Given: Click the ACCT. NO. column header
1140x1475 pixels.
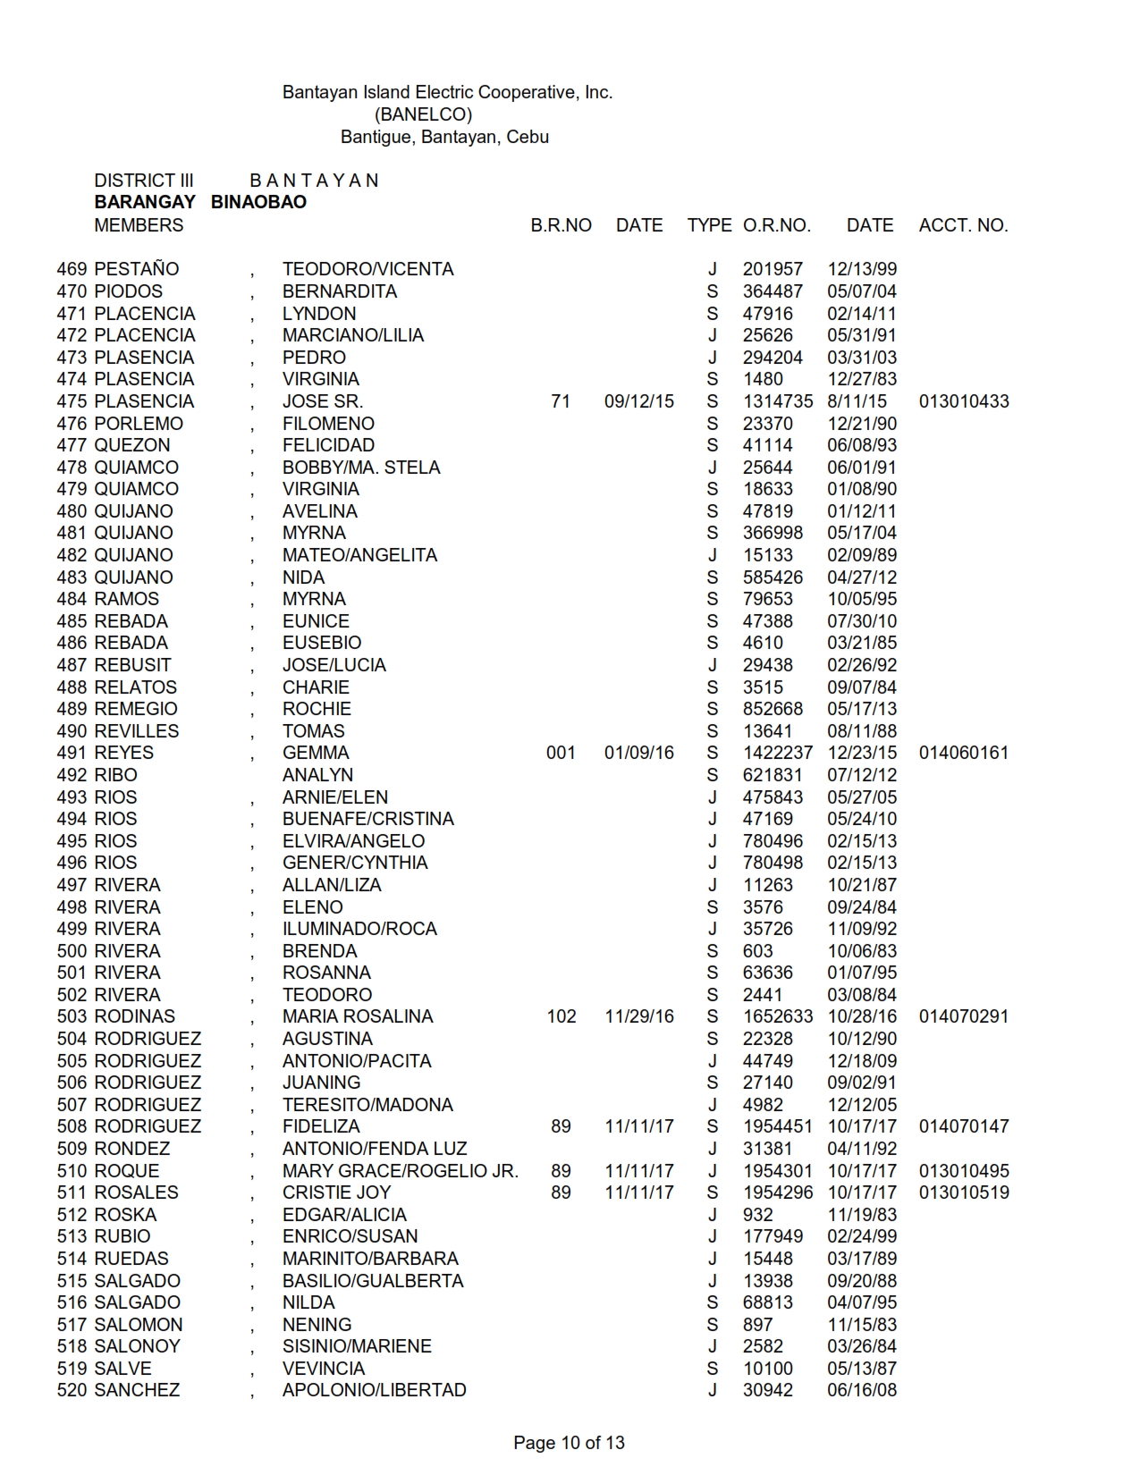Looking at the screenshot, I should coord(963,225).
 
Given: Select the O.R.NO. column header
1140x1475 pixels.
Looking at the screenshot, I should coord(776,225).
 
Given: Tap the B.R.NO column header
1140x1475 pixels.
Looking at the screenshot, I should coord(561,225).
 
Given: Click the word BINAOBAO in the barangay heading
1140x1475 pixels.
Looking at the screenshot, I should coord(258,202).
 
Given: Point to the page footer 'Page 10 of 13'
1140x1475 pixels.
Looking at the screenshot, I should coord(569,1442).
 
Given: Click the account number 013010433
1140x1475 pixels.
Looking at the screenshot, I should coord(963,401).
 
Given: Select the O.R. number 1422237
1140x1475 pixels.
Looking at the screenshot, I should coord(777,753).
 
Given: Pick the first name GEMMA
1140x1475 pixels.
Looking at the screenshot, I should coord(316,753).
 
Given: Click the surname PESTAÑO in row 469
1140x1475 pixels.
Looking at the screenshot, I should coord(137,269).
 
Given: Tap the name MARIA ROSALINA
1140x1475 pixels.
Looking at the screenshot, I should coord(357,1016).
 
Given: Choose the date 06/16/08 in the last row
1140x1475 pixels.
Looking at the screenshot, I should coord(861,1390).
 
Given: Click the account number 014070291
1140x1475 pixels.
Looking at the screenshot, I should coord(963,1016).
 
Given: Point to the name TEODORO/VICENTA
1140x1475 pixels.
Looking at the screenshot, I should coord(367,269).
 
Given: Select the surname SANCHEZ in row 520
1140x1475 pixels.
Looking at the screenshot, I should coord(137,1390).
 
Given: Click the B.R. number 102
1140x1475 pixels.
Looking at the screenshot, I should coord(561,1016).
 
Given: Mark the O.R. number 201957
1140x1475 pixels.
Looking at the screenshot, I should coord(773,269).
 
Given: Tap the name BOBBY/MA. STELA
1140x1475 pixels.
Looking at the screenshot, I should coord(360,468).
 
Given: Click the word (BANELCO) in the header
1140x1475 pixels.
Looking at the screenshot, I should coord(423,114).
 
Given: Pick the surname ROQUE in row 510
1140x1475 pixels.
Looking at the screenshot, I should coord(127,1171).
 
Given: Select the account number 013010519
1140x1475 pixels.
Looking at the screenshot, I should coord(963,1193).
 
